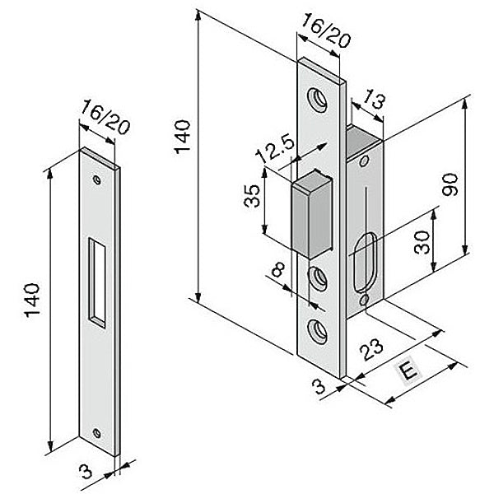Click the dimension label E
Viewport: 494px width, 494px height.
409,372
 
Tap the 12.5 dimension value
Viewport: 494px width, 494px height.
275,148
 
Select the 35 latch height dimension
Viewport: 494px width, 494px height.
252,196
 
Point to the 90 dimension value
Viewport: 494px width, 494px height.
450,185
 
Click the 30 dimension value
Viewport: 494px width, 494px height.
422,243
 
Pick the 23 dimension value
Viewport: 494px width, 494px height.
373,349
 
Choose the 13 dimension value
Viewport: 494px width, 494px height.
374,100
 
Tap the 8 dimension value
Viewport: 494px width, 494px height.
278,269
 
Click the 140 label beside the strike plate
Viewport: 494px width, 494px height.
32,301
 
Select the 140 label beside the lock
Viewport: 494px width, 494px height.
183,137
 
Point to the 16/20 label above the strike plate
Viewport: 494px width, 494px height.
105,117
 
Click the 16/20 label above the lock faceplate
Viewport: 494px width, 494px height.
326,30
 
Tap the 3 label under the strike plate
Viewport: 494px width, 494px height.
86,471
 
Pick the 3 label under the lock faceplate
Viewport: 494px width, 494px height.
319,387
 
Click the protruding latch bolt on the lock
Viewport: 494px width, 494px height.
312,214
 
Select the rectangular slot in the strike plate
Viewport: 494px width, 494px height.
97,283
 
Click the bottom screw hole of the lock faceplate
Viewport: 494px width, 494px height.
318,332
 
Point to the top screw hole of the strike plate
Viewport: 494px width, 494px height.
97,179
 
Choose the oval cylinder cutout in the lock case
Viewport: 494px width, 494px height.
366,263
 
